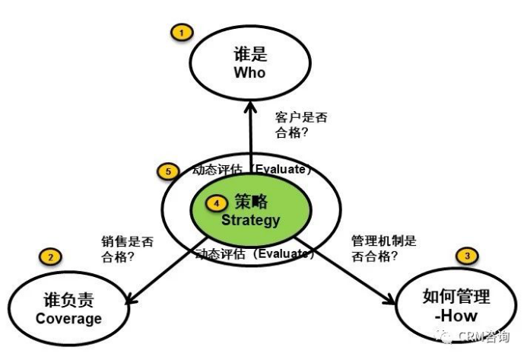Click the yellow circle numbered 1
click(x=182, y=33)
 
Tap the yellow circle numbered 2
click(x=51, y=256)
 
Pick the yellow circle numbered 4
click(x=217, y=203)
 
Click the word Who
click(x=249, y=73)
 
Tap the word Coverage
click(x=68, y=318)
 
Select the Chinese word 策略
click(x=252, y=202)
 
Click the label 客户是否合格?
click(x=300, y=125)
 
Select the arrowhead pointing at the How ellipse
click(x=390, y=301)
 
